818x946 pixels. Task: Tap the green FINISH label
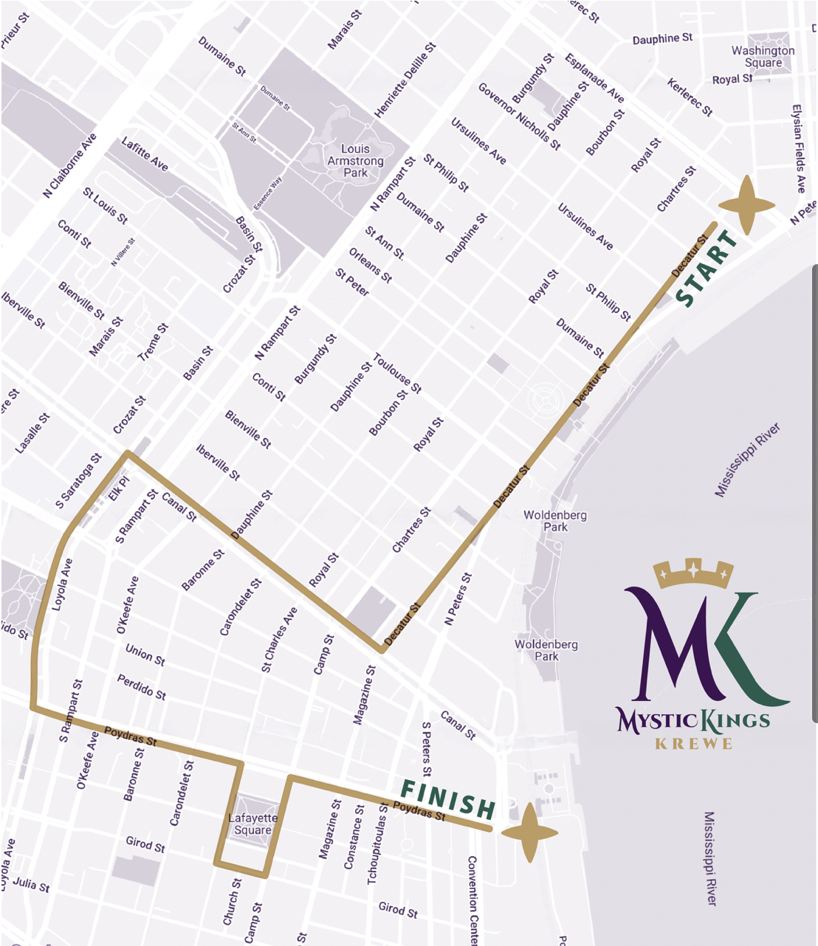447,799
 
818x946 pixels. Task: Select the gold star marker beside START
746,205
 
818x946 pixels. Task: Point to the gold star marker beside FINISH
529,832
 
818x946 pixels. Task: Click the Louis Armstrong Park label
355,161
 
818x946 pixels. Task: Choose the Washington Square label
763,57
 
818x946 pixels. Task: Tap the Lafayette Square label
253,824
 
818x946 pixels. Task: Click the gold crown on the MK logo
693,573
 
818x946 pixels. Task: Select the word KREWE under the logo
693,743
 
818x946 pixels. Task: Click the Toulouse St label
397,373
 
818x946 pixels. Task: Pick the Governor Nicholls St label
519,117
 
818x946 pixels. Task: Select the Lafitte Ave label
145,154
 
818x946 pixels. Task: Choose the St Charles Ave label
280,639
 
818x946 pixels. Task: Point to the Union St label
145,655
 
